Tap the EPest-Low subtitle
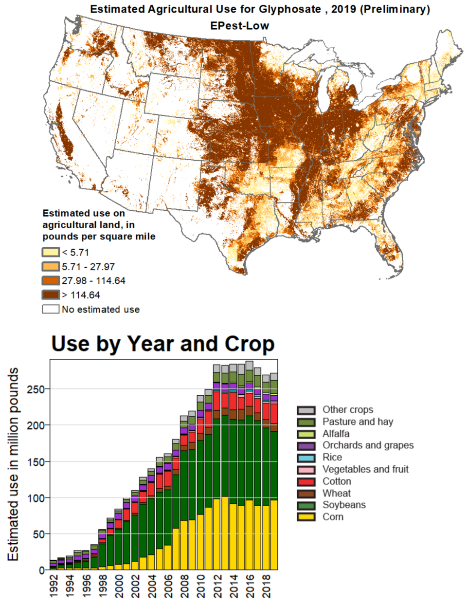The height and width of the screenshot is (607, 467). (x=239, y=26)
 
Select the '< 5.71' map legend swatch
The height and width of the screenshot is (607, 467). (x=51, y=252)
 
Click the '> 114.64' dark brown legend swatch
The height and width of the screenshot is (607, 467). (x=51, y=295)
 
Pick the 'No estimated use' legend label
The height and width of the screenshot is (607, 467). (x=101, y=310)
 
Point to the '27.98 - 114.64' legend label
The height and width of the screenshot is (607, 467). (x=93, y=281)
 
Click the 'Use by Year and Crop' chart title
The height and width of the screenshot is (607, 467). (x=163, y=344)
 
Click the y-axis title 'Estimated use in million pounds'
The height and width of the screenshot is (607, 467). (x=13, y=464)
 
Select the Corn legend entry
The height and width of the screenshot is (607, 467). (x=333, y=517)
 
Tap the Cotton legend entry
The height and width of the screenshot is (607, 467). (x=337, y=481)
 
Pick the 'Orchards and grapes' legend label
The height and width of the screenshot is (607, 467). (x=368, y=445)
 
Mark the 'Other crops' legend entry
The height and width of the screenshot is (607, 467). (x=348, y=410)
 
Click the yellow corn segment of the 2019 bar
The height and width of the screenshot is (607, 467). (x=274, y=535)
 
